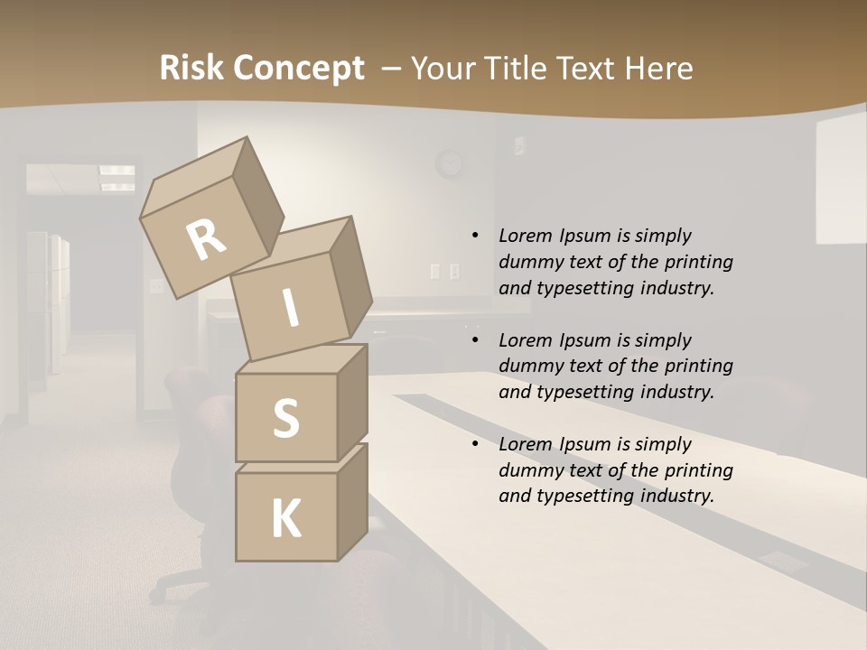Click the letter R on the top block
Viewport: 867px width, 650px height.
[207, 240]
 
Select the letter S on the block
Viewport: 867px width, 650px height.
[285, 419]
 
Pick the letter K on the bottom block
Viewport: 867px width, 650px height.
[285, 519]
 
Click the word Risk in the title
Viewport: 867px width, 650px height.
[192, 68]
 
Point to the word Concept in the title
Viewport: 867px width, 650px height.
[299, 69]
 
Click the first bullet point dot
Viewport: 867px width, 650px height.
[475, 236]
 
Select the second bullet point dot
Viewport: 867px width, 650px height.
[475, 340]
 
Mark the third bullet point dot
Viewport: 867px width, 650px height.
[475, 444]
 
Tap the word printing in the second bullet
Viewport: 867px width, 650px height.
[699, 366]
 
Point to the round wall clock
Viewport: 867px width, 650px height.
[448, 164]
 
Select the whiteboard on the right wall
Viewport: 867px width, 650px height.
[841, 181]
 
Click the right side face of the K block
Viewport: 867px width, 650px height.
[352, 501]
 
